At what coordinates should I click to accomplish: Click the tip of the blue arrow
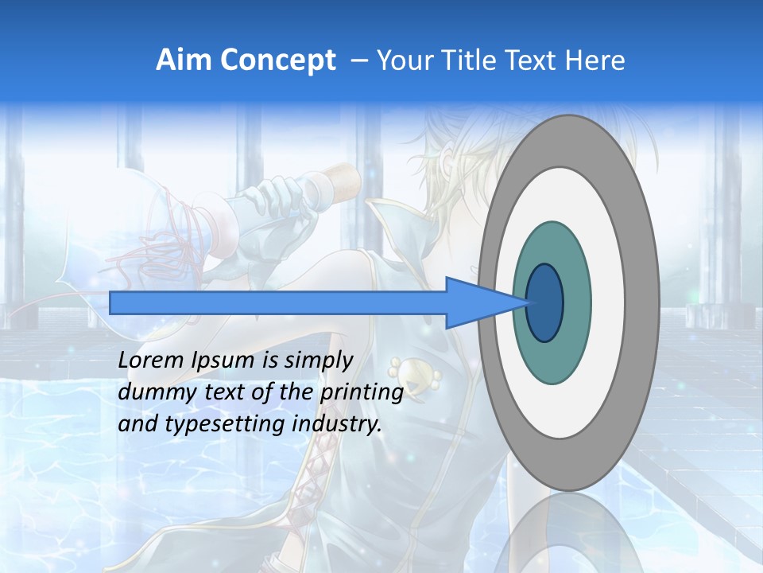(528, 302)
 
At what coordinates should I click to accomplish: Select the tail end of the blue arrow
(112, 302)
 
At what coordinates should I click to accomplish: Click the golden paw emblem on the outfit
(405, 370)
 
